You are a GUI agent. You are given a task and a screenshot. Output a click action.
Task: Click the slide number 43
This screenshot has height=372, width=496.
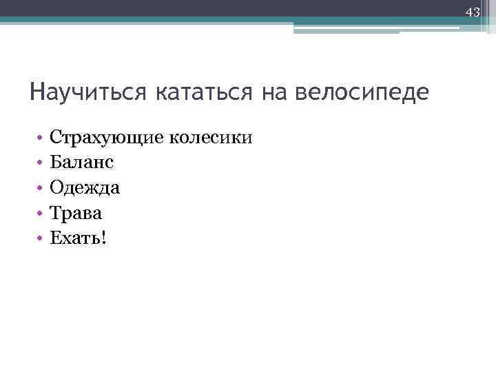(x=473, y=12)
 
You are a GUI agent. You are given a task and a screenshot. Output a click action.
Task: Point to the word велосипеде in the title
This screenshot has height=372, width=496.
(x=361, y=92)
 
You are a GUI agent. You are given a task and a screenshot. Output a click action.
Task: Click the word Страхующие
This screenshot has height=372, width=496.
(x=105, y=138)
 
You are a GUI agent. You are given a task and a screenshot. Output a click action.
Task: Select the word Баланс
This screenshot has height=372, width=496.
(x=82, y=162)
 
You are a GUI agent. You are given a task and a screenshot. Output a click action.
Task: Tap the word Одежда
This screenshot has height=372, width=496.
(x=85, y=187)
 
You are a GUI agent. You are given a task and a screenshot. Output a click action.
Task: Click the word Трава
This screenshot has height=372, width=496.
(x=76, y=212)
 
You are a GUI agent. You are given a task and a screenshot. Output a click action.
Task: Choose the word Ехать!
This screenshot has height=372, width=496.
(x=79, y=238)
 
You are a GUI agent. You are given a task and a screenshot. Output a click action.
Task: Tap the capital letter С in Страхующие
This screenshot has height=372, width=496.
(x=56, y=136)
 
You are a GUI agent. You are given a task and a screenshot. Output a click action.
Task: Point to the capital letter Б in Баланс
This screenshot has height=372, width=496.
(x=56, y=162)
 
